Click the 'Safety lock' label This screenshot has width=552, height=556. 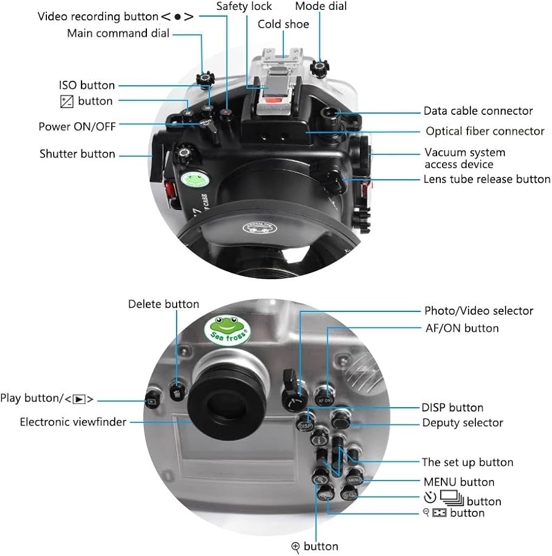click(x=243, y=7)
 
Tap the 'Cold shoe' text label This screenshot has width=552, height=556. click(x=284, y=25)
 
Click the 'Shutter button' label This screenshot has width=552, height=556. click(x=77, y=154)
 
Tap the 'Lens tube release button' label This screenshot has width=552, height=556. click(x=487, y=179)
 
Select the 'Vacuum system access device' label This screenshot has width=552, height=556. click(x=464, y=158)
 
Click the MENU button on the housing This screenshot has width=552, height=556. click(x=354, y=479)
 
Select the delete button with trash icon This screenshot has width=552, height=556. click(x=178, y=391)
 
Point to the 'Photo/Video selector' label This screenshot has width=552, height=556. click(x=479, y=311)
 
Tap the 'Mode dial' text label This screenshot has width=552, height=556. click(x=320, y=7)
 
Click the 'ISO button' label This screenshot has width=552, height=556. click(x=86, y=85)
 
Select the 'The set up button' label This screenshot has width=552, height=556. click(x=467, y=462)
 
